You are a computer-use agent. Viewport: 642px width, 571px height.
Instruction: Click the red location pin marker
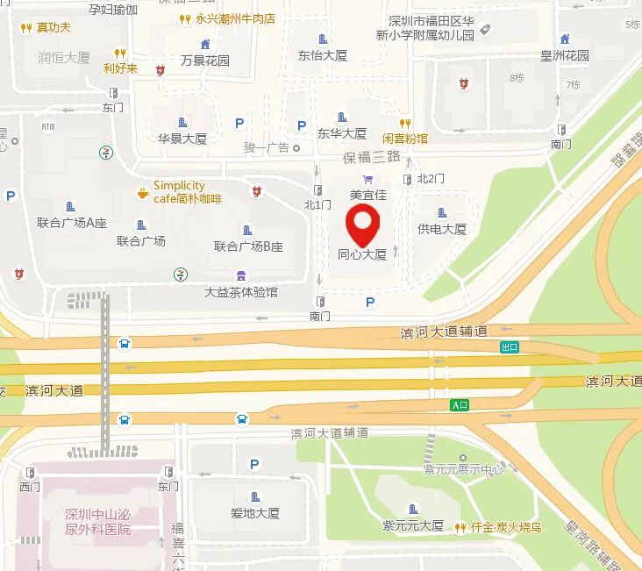coord(362,223)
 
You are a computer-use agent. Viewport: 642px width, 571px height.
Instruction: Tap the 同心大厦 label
coord(362,255)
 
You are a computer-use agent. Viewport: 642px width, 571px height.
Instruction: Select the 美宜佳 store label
coord(367,195)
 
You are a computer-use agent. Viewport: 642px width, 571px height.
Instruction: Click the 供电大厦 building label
coord(441,229)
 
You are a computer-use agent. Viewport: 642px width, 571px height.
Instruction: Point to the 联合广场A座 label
coord(72,223)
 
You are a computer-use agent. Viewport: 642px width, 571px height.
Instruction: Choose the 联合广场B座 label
coord(249,246)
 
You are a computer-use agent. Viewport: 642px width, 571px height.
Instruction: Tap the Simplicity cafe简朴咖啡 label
coord(187,192)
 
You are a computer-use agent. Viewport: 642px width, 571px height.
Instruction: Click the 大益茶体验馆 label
coord(241,291)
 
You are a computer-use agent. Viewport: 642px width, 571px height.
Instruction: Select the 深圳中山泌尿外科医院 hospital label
coord(97,522)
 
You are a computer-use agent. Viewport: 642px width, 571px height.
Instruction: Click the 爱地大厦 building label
coord(255,513)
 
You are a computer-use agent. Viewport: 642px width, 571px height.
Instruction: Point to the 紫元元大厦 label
coord(413,525)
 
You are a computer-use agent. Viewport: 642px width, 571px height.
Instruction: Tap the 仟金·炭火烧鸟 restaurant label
coord(505,527)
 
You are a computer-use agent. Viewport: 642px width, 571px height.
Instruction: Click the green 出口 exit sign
coord(510,346)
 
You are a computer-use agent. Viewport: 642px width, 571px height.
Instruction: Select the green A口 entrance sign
coord(460,405)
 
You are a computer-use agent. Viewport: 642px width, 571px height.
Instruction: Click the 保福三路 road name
coord(372,157)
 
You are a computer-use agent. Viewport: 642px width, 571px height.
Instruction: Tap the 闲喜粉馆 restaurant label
coord(405,138)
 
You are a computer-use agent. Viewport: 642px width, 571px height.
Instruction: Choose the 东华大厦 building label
coord(342,134)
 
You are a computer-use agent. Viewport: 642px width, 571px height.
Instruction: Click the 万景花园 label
coord(205,61)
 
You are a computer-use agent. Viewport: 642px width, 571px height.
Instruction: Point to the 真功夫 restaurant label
coord(53,27)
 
